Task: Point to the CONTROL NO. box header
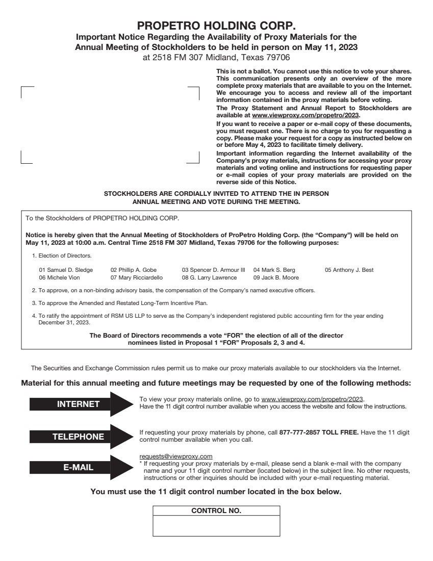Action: (216, 511)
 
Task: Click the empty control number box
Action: (216, 526)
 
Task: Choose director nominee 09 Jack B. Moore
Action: (276, 277)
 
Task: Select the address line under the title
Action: (216, 57)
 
